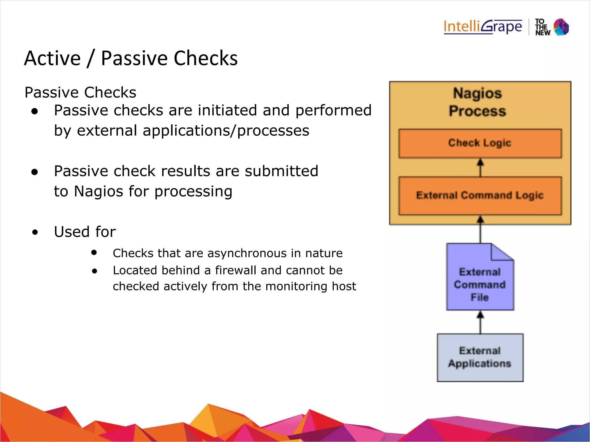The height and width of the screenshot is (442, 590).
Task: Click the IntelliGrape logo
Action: coord(483,27)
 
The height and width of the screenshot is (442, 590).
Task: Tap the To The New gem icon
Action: coord(561,27)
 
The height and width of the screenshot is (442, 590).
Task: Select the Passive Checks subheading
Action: coord(80,92)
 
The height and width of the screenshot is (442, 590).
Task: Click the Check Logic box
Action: coord(480,143)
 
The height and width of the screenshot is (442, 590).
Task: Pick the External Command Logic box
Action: coord(480,196)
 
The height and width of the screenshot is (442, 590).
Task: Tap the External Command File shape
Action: coord(480,283)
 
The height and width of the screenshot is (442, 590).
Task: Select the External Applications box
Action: coord(480,357)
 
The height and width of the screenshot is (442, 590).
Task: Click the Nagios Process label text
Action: coord(477,102)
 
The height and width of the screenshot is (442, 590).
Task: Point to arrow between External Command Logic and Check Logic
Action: coord(480,167)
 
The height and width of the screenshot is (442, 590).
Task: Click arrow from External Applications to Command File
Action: coord(480,322)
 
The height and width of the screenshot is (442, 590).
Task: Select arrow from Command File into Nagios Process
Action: coord(480,230)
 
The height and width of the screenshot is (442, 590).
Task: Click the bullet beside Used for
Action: coord(35,232)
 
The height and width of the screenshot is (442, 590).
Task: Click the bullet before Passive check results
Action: coord(35,172)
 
